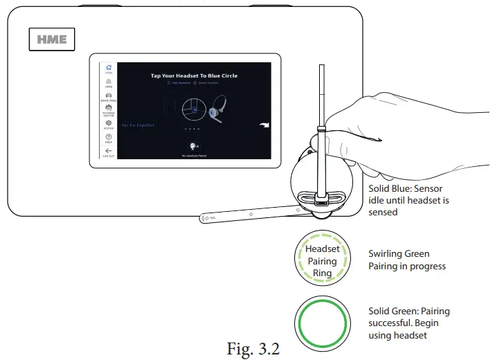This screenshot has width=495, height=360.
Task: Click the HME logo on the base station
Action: click(x=52, y=39)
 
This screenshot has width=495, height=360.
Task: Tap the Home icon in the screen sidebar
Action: click(x=109, y=69)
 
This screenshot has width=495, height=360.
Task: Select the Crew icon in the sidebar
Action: click(x=109, y=83)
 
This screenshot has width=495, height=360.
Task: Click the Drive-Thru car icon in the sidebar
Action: click(x=109, y=97)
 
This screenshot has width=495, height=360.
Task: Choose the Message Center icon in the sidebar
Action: click(x=109, y=110)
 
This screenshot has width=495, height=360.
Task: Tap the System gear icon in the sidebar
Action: click(x=109, y=125)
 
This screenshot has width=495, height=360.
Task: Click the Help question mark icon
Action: click(x=109, y=138)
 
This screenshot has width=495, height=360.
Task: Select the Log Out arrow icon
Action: click(x=109, y=152)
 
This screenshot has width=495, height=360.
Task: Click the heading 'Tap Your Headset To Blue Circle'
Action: click(x=194, y=75)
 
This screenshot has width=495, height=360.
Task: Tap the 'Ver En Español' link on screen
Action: click(x=137, y=125)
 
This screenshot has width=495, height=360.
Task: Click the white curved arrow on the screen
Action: click(x=263, y=125)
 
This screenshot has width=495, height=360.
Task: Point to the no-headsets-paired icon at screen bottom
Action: click(x=194, y=147)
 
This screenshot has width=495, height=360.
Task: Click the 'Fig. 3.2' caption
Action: click(x=253, y=348)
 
